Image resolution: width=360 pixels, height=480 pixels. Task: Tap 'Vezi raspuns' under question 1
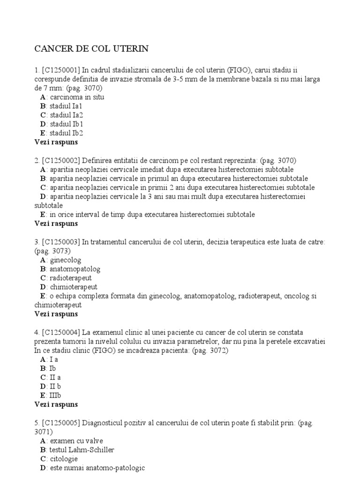click(x=56, y=142)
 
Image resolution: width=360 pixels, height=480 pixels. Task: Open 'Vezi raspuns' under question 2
click(x=56, y=224)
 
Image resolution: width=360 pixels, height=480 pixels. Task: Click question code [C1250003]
click(x=61, y=242)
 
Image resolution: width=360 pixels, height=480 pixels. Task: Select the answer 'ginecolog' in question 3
click(x=65, y=260)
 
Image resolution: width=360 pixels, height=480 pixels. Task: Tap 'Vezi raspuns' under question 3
click(x=56, y=314)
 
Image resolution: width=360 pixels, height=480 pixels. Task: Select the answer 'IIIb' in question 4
click(x=55, y=395)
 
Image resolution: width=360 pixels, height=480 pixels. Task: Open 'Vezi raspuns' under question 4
click(x=56, y=404)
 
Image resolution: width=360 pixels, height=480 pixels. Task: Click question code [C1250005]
click(x=61, y=423)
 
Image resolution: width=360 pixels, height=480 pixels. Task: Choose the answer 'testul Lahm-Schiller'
click(x=82, y=450)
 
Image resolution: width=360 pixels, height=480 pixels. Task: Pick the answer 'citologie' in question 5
click(x=64, y=459)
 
